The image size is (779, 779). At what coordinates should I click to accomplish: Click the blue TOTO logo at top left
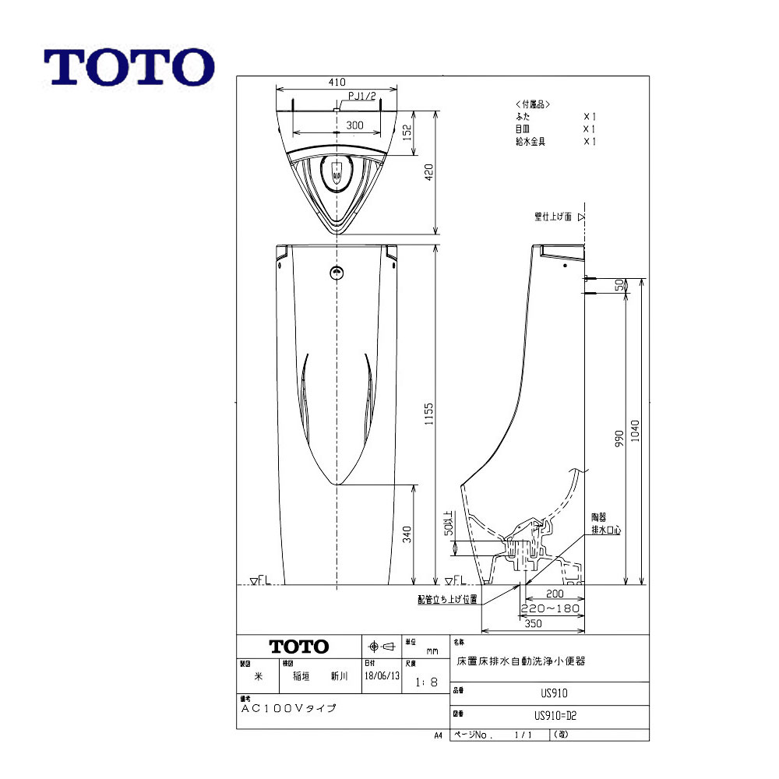pyautogui.click(x=129, y=68)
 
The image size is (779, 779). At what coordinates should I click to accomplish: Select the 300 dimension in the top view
pyautogui.click(x=354, y=125)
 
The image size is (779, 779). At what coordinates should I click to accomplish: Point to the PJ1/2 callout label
pyautogui.click(x=362, y=97)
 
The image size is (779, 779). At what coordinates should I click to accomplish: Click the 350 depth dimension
pyautogui.click(x=534, y=624)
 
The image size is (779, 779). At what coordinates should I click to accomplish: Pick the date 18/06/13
pyautogui.click(x=382, y=677)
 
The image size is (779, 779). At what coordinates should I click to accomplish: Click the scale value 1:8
pyautogui.click(x=426, y=682)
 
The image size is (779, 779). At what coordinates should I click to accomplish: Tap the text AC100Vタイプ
pyautogui.click(x=288, y=709)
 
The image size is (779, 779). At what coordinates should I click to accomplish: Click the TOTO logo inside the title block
pyautogui.click(x=299, y=647)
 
